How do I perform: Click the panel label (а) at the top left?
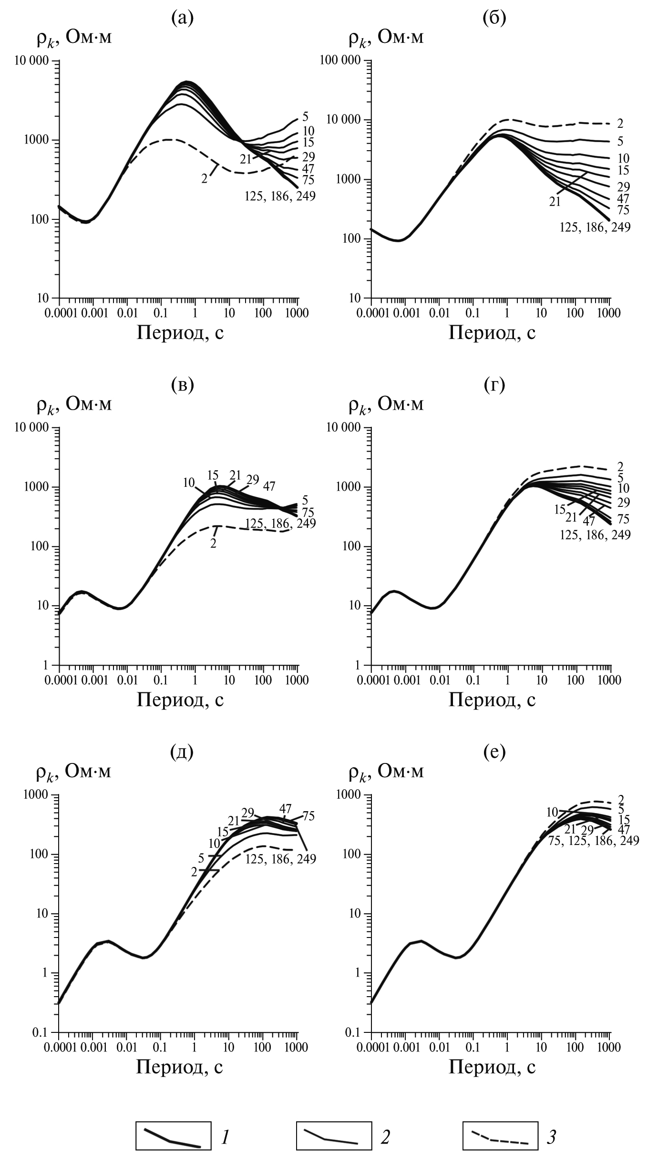click(x=182, y=18)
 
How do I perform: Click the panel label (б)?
click(x=494, y=18)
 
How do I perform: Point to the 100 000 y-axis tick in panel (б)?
click(x=344, y=61)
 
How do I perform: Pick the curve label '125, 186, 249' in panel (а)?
click(x=280, y=196)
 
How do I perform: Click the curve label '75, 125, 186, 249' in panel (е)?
click(x=594, y=841)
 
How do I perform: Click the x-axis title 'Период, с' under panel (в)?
click(x=180, y=700)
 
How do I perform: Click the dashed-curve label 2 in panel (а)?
click(x=205, y=179)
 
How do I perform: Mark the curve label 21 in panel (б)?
click(x=555, y=202)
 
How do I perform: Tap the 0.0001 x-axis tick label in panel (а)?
click(x=59, y=313)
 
